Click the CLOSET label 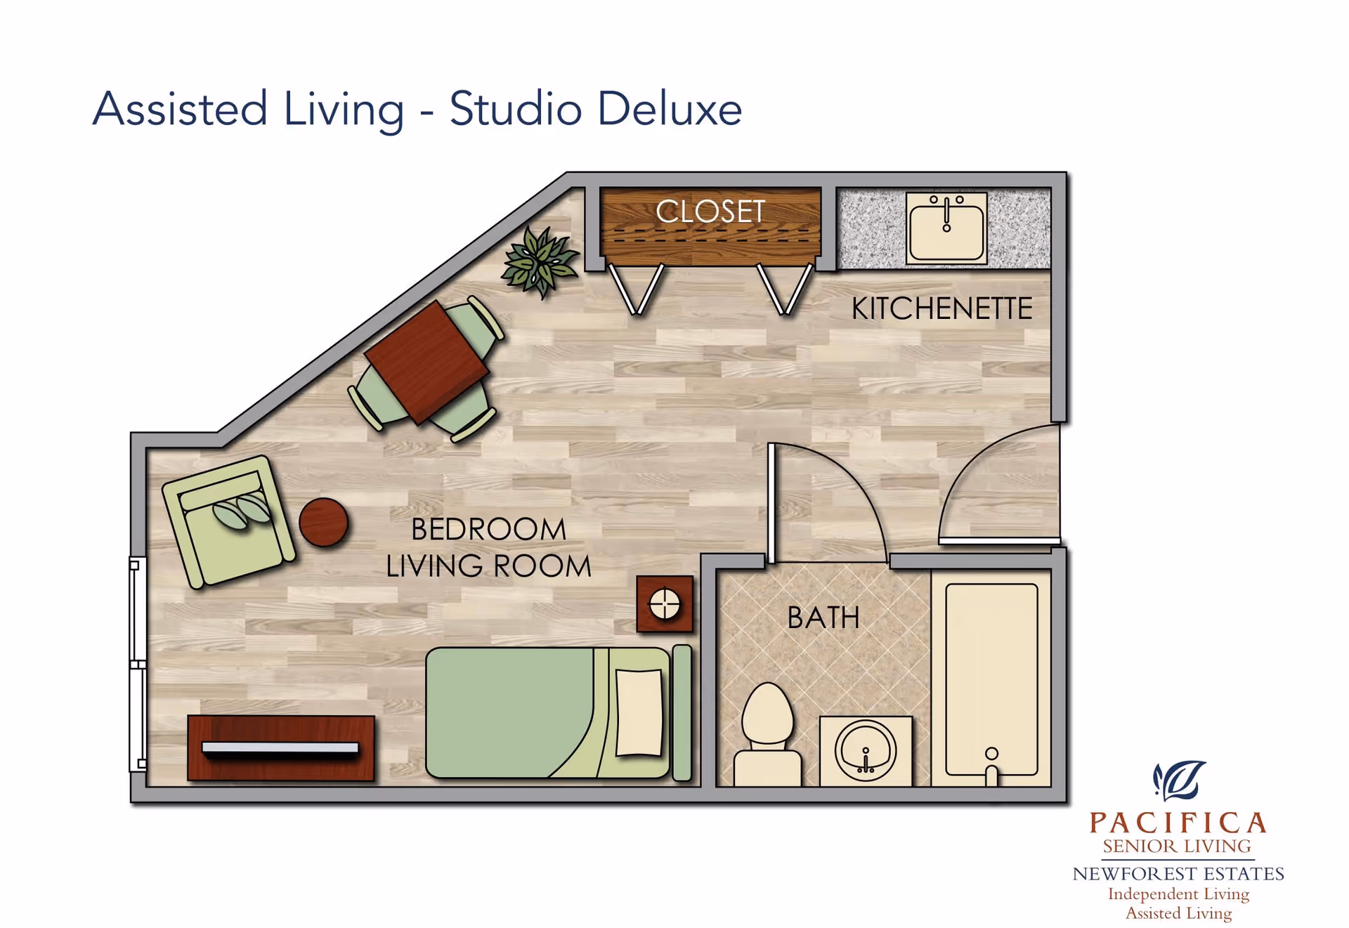[710, 211]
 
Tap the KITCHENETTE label [942, 308]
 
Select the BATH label [823, 618]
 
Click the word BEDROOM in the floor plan [488, 530]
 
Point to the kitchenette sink [946, 228]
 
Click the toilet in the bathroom [767, 735]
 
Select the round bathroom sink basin [866, 750]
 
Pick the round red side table [323, 523]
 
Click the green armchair [228, 521]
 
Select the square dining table [427, 362]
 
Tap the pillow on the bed [639, 713]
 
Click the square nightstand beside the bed [665, 604]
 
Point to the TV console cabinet [281, 748]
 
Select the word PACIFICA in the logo [1178, 823]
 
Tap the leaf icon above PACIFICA [1179, 780]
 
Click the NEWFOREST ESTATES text [1178, 874]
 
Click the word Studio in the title [516, 109]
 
